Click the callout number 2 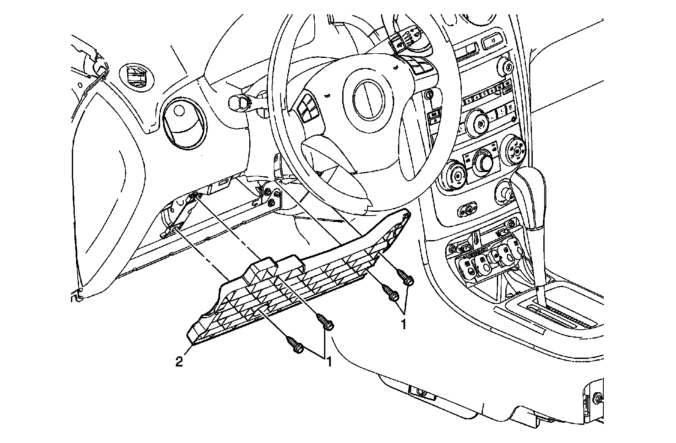coord(180,362)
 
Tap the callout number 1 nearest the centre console coord(403,324)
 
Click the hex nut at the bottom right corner coord(597,398)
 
